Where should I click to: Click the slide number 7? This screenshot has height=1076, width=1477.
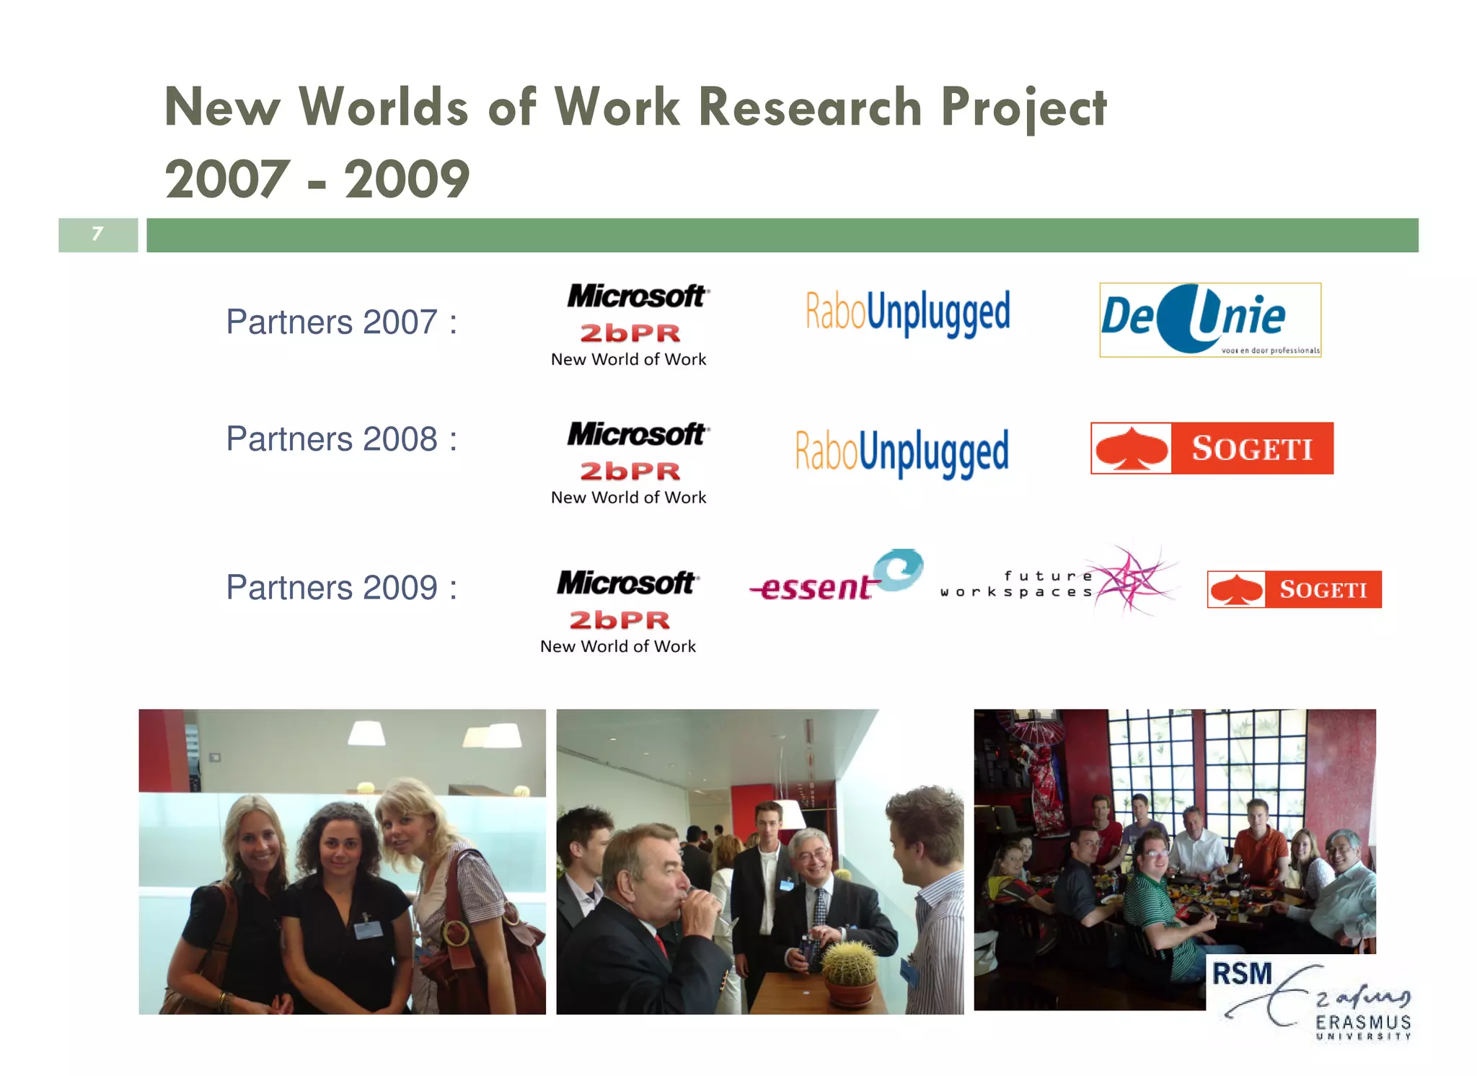97,234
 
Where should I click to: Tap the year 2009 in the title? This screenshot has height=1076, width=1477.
407,180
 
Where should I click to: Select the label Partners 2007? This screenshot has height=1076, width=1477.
341,322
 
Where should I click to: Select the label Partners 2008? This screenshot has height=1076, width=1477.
341,438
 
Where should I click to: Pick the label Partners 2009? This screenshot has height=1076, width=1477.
341,587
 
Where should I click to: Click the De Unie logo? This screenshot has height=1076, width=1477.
1209,319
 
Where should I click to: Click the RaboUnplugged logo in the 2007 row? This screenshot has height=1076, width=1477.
907,312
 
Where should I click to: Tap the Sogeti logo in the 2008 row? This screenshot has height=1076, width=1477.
1212,448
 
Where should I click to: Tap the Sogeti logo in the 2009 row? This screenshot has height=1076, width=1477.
1294,589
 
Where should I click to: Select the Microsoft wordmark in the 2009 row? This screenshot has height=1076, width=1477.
626,583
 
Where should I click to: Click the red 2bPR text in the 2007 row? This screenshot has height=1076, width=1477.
630,333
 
